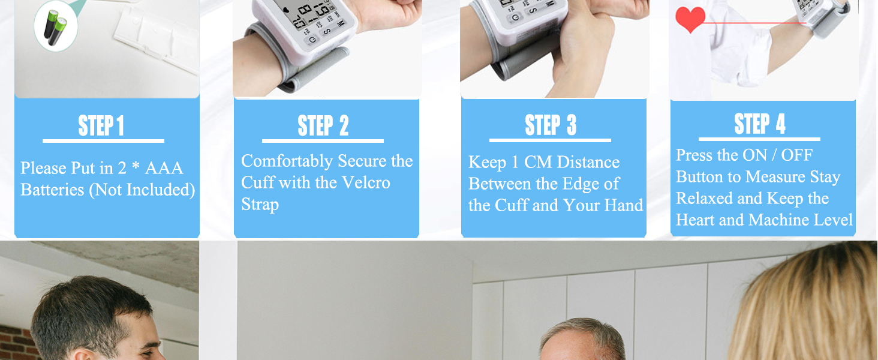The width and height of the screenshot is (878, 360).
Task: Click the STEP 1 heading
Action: (x=101, y=126)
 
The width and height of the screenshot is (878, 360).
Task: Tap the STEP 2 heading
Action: (x=323, y=126)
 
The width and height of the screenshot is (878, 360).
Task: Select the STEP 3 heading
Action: (x=551, y=125)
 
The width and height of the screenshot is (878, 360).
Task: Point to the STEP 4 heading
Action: (x=760, y=124)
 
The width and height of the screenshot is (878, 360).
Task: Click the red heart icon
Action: (x=690, y=19)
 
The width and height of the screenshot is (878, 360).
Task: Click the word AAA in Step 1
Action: (x=164, y=169)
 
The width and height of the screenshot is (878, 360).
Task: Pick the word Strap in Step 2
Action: (x=260, y=205)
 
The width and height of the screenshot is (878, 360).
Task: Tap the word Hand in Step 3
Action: (x=624, y=206)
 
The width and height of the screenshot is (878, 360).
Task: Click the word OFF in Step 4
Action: (x=796, y=155)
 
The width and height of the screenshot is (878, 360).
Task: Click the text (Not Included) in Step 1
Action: (x=142, y=190)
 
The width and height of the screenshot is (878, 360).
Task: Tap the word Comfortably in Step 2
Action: (x=287, y=161)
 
